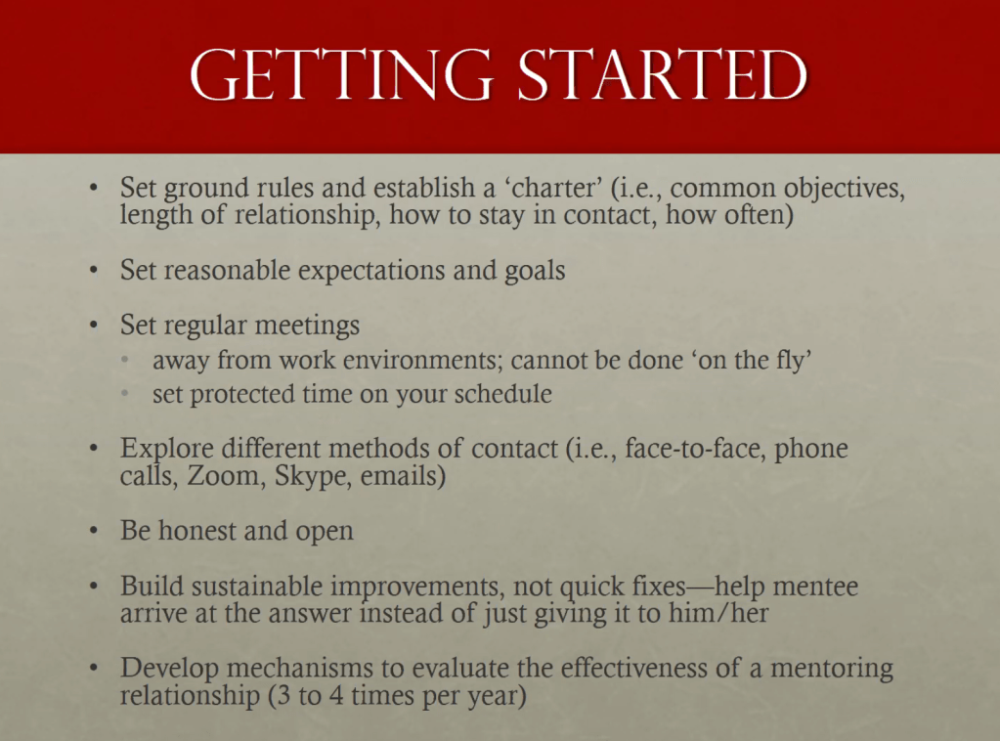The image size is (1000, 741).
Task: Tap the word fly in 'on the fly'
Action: click(794, 361)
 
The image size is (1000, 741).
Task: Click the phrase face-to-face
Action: click(695, 449)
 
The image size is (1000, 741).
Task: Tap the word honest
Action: click(197, 531)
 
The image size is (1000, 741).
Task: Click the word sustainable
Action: click(256, 586)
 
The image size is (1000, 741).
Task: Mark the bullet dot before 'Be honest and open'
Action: click(94, 531)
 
